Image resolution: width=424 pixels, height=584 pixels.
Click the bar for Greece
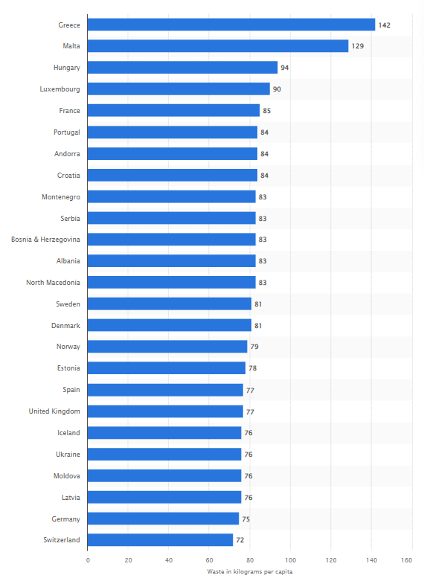(231, 25)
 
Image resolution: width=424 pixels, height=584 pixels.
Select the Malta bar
(218, 46)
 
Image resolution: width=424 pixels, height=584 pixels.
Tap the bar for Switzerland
(160, 539)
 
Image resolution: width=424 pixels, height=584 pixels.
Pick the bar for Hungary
(182, 68)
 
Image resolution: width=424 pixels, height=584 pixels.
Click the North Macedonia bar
(172, 282)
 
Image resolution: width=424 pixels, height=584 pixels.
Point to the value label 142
(384, 25)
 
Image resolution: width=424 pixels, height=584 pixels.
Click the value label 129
(357, 46)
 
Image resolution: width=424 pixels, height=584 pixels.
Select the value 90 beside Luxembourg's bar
(277, 89)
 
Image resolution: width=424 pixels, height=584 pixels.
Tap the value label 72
(240, 539)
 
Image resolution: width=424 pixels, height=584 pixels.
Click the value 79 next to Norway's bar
(254, 347)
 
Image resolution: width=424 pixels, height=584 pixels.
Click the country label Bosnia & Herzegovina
(45, 239)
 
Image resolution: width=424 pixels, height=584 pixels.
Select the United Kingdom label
(54, 411)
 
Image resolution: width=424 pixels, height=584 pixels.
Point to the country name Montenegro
(61, 197)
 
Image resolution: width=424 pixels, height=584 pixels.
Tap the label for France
(69, 111)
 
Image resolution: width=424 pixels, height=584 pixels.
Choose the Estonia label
(68, 368)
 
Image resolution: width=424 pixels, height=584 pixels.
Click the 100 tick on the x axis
(290, 560)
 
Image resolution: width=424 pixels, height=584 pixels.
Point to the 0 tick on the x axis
(88, 560)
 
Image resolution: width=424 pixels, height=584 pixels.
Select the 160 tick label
(407, 560)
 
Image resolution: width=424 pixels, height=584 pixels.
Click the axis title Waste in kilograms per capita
(250, 571)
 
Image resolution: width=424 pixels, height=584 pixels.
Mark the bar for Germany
(163, 519)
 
